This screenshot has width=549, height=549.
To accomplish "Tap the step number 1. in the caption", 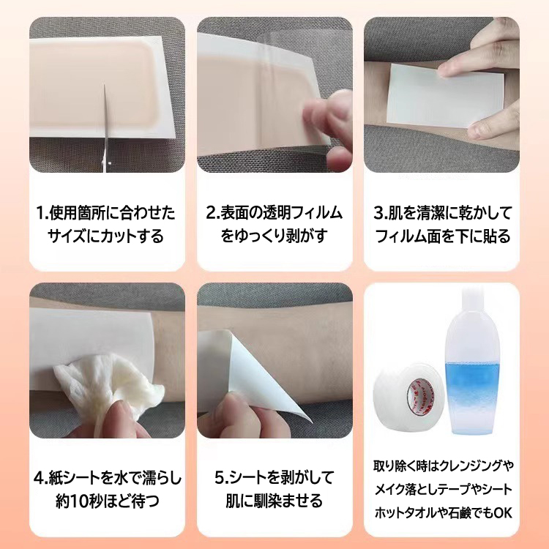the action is point(42,213).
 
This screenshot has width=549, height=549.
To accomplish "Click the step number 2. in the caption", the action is point(212,213).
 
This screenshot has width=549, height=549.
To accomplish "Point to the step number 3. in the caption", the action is point(380,213).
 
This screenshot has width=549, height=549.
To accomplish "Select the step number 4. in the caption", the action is point(40,478).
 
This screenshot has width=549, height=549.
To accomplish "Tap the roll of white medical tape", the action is point(404,392).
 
